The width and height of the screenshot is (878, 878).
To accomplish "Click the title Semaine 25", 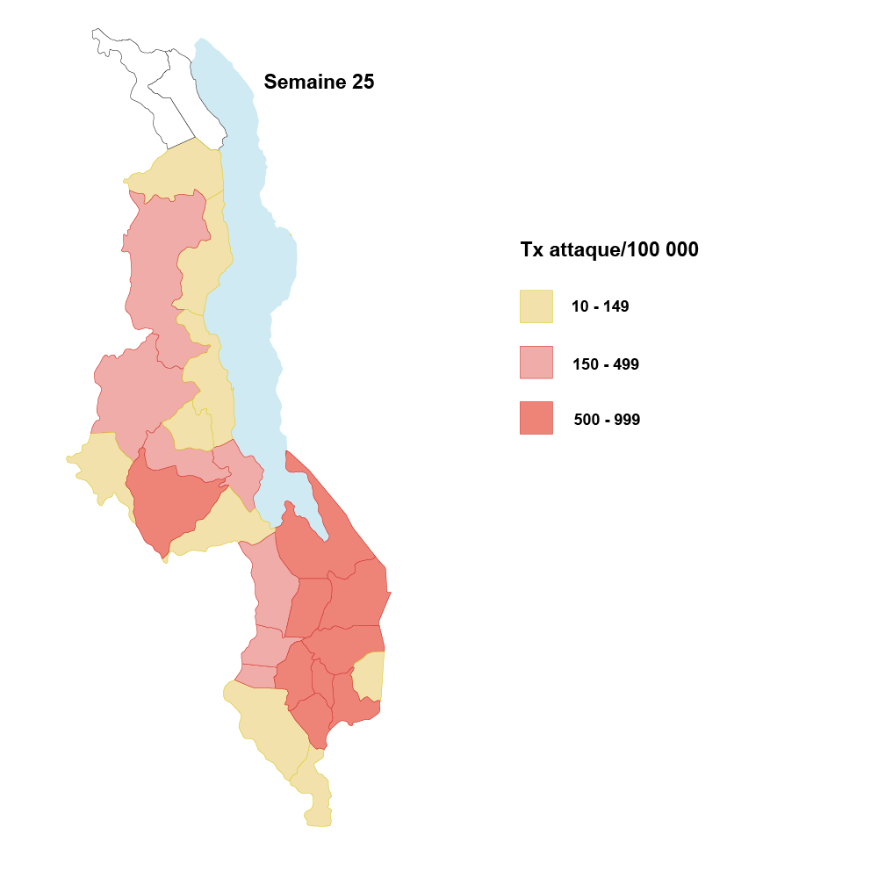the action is [x=319, y=83].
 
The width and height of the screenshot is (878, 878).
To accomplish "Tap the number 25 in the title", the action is [x=362, y=83].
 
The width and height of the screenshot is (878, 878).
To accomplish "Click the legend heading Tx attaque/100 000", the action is [x=609, y=250].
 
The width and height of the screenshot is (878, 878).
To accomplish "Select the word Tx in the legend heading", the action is [x=532, y=250].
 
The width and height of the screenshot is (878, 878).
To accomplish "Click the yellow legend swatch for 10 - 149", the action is [x=536, y=306].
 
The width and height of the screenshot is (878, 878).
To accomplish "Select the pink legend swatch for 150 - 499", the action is [x=536, y=363].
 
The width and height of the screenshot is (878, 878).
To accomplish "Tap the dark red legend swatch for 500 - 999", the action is [x=536, y=418].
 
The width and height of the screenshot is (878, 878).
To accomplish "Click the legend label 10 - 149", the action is [x=600, y=307].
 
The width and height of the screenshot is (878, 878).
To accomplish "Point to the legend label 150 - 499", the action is [x=605, y=364].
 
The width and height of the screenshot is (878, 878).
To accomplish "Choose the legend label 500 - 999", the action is [x=607, y=420].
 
